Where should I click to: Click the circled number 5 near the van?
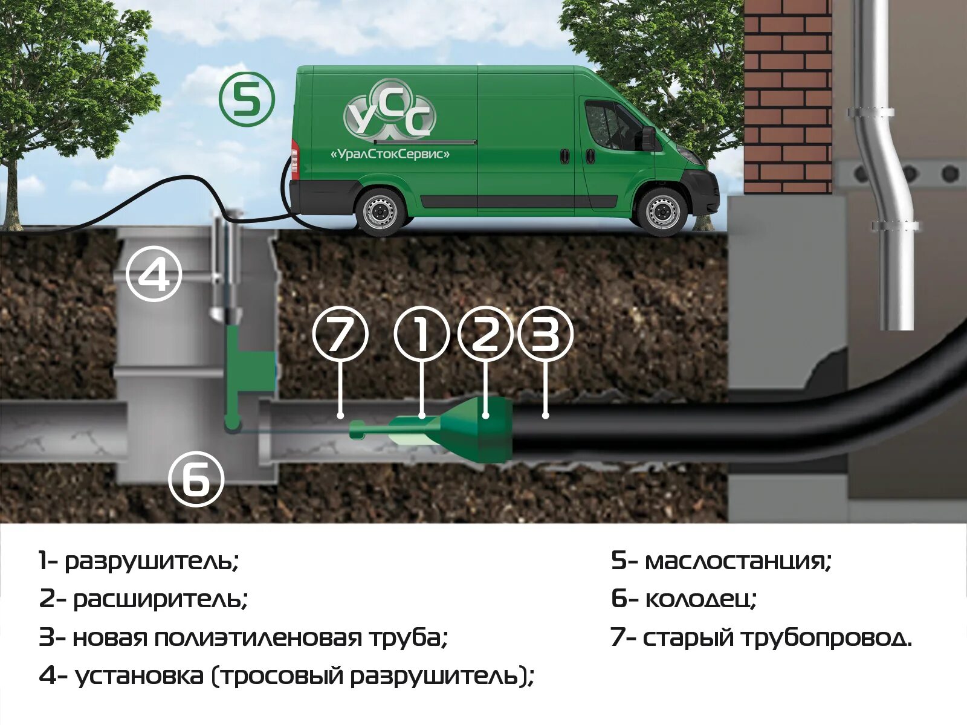coord(247,99)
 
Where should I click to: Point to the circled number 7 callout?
coord(340,334)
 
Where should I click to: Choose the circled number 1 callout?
coord(422,334)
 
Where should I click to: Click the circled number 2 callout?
coord(485,334)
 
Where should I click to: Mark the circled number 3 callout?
coord(545,334)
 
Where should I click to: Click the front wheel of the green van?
coord(661,211)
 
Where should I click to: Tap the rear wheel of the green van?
coord(380,211)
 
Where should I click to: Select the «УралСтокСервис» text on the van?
coord(390,154)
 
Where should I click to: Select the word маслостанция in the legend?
coord(738,561)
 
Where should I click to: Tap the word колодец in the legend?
coord(701,599)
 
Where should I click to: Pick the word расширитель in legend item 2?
coord(161,599)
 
